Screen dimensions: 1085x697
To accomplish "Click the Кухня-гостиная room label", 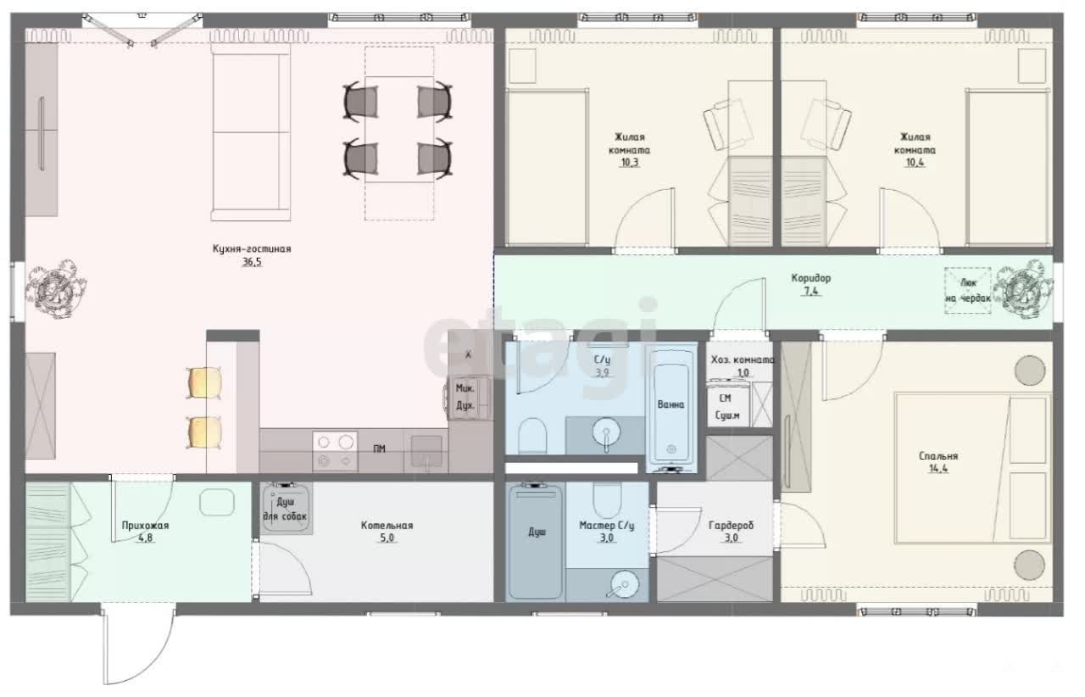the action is coord(252,248).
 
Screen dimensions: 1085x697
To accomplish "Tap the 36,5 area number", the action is coord(252,262).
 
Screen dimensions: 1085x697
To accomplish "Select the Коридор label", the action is coord(811,278).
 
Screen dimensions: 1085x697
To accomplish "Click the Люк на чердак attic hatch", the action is coord(967,290).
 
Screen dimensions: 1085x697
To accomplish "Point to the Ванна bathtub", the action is coord(670,410).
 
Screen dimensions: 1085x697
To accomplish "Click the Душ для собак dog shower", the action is coord(286,508).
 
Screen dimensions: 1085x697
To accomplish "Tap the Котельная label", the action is coord(387,526).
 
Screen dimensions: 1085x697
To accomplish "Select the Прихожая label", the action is coord(145,526).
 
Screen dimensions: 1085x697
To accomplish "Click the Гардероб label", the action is coord(731,526).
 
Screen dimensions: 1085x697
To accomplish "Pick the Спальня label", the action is coord(938,456).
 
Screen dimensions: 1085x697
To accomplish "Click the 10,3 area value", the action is coord(629,163).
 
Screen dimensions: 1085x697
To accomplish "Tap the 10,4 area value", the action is coord(915,163).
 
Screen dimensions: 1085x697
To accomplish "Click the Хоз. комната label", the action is coord(743,360).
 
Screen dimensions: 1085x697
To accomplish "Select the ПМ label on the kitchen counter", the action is coord(379,449).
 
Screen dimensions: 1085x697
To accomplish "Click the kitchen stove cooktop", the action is coord(335,452).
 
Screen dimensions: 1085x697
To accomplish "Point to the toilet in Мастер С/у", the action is coord(607,499).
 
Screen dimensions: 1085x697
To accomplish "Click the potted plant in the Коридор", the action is coord(1022,290).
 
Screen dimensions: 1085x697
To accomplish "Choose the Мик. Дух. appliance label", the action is coord(465,397).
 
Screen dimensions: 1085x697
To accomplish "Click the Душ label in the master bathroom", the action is coord(537,533).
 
